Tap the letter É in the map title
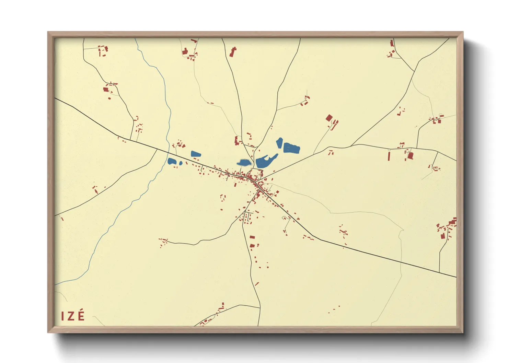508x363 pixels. pyautogui.click(x=81, y=315)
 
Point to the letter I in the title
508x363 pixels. pyautogui.click(x=62, y=316)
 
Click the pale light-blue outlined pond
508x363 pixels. pyautogui.click(x=243, y=162)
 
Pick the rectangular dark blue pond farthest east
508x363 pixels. pyautogui.click(x=291, y=148)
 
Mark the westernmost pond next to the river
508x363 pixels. pyautogui.click(x=172, y=161)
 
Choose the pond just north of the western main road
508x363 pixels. pyautogui.click(x=196, y=154)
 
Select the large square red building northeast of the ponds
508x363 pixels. pyautogui.click(x=329, y=118)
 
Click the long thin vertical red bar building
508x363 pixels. pyautogui.click(x=389, y=156)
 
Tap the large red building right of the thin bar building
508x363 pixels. pyautogui.click(x=410, y=156)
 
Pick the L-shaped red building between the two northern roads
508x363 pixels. pyautogui.click(x=233, y=52)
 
